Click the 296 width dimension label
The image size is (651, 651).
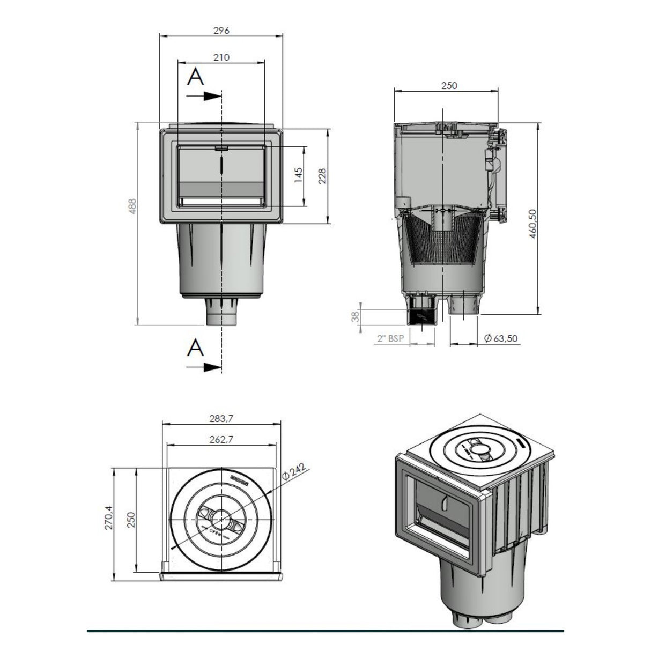click(221, 31)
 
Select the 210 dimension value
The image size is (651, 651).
click(221, 57)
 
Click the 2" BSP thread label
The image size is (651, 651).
click(390, 338)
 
